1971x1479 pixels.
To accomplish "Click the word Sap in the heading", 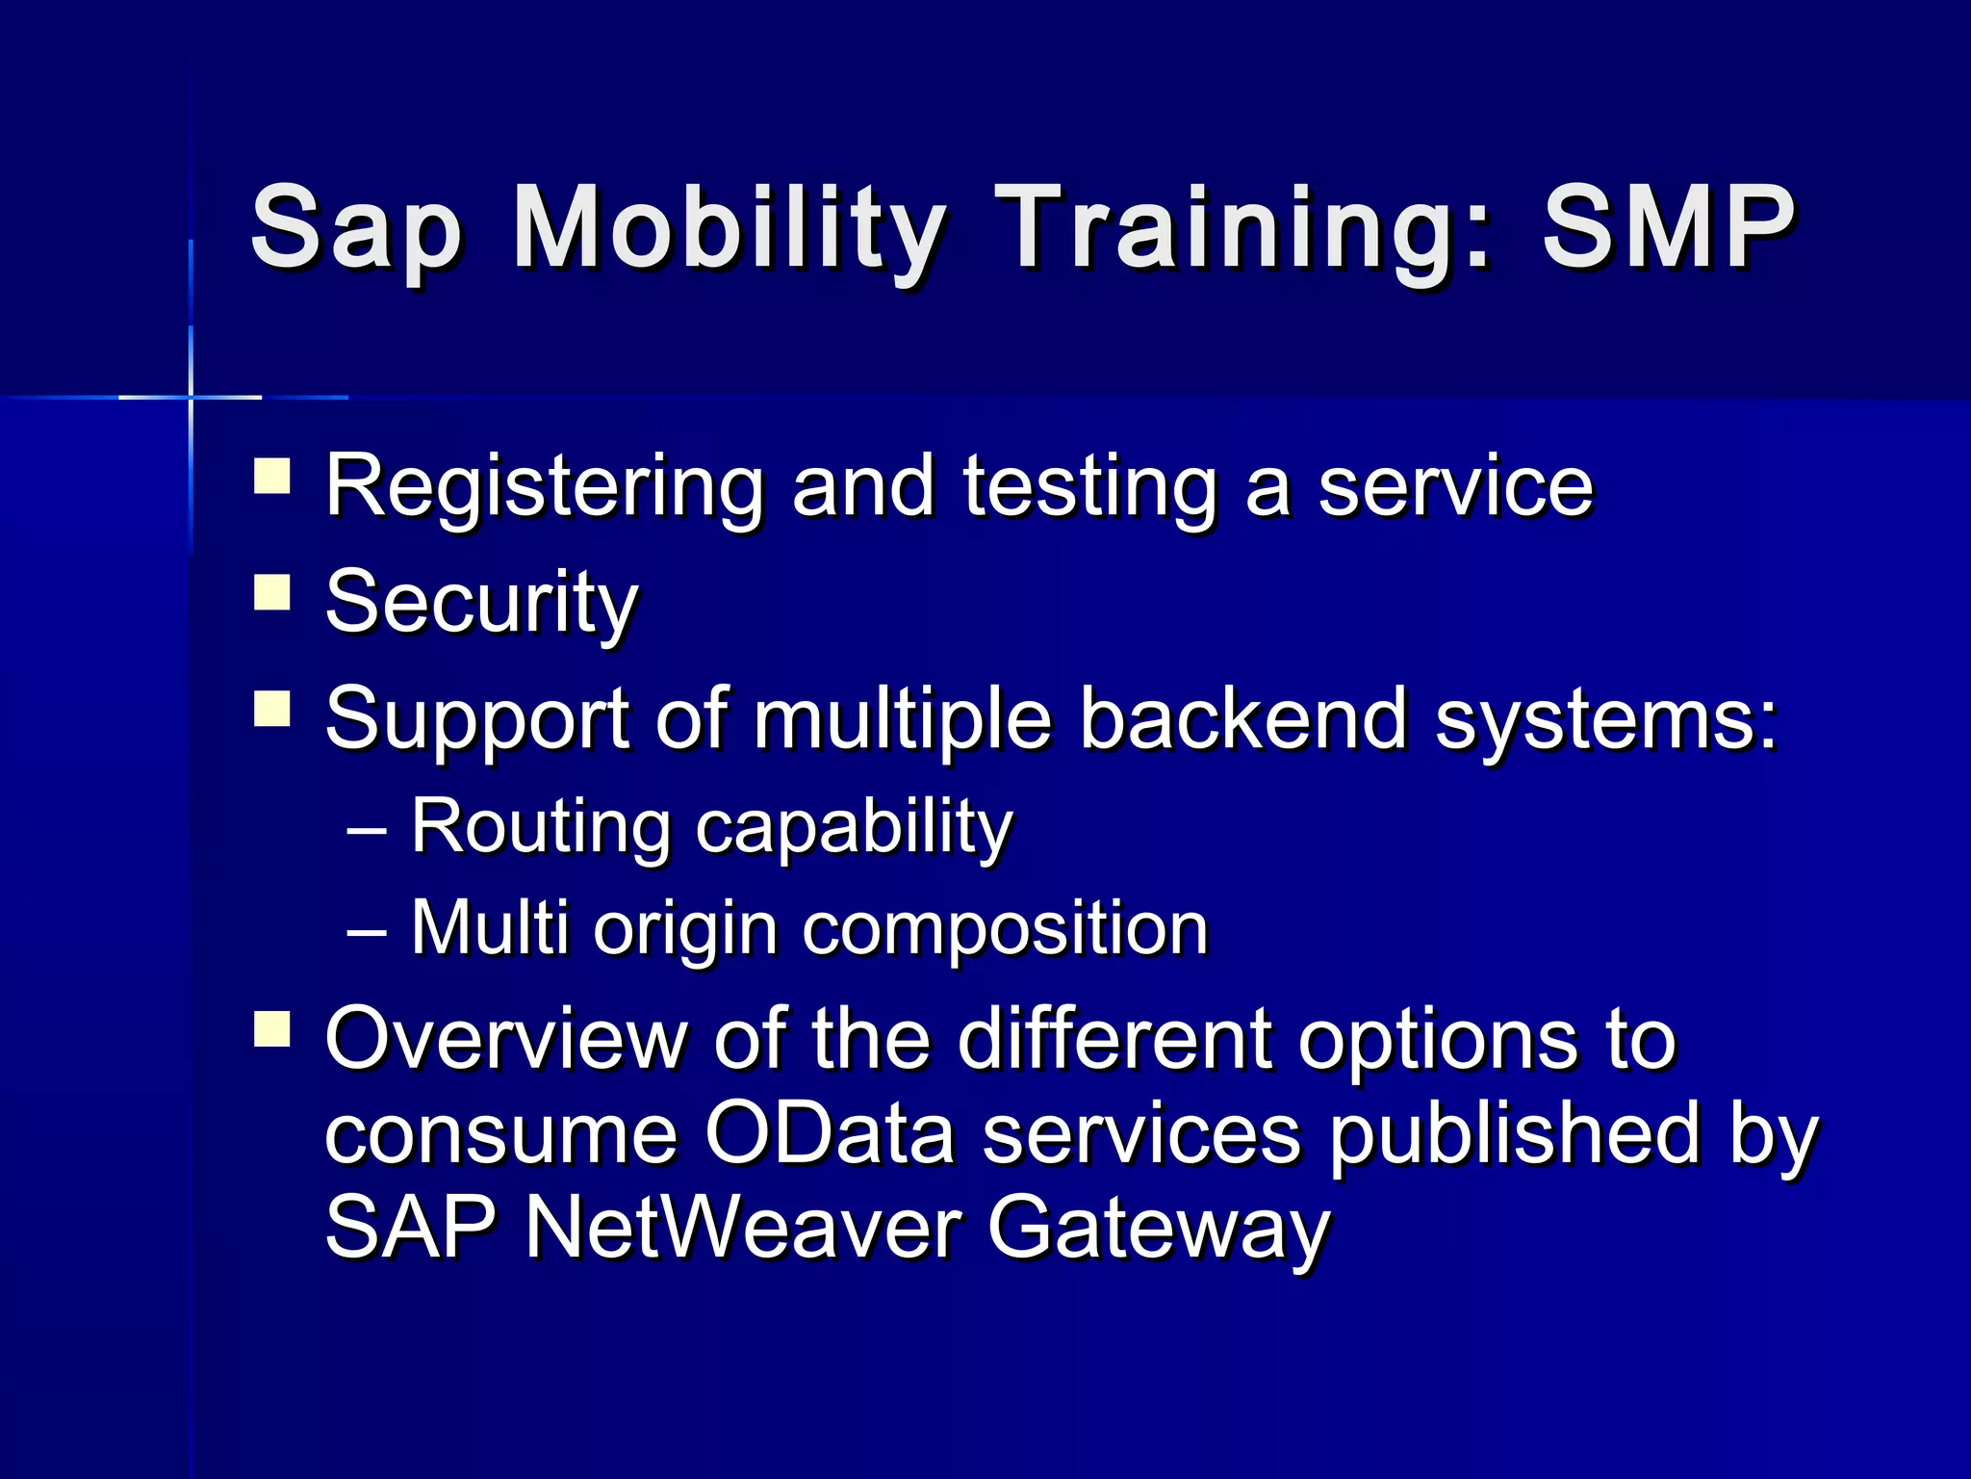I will [x=356, y=229].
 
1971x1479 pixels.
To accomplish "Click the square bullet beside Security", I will [x=272, y=592].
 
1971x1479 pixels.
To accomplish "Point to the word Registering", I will [x=545, y=487].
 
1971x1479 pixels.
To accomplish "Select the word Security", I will [x=481, y=603].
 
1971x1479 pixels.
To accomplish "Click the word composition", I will [x=1005, y=928].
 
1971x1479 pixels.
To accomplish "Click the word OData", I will [x=829, y=1133].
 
